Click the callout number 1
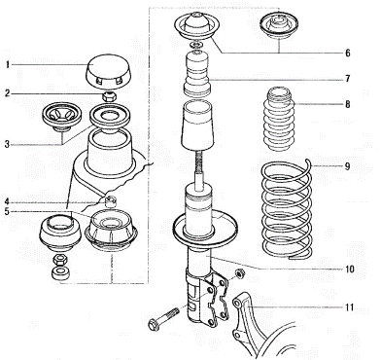pyautogui.click(x=8, y=65)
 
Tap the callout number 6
pyautogui.click(x=347, y=53)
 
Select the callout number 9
pyautogui.click(x=347, y=166)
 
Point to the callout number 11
pyautogui.click(x=349, y=307)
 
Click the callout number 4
pyautogui.click(x=8, y=202)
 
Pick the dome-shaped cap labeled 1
pyautogui.click(x=108, y=73)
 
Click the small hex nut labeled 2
pyautogui.click(x=109, y=96)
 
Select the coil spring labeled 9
pyautogui.click(x=287, y=209)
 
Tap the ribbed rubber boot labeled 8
pyautogui.click(x=279, y=119)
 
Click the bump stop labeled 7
pyautogui.click(x=197, y=74)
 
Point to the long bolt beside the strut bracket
pyautogui.click(x=163, y=318)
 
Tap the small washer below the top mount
pyautogui.click(x=197, y=45)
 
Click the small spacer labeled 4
pyautogui.click(x=111, y=201)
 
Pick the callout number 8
pyautogui.click(x=347, y=105)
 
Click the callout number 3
pyautogui.click(x=8, y=144)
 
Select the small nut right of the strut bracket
pyautogui.click(x=240, y=274)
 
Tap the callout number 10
pyautogui.click(x=349, y=270)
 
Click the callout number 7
pyautogui.click(x=347, y=79)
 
